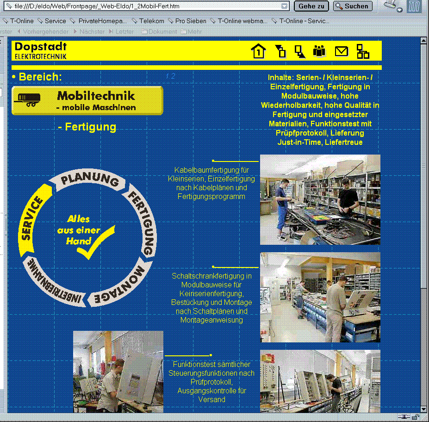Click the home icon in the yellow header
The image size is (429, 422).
[x=258, y=51]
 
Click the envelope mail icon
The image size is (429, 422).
[x=341, y=51]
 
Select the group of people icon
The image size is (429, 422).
[x=319, y=50]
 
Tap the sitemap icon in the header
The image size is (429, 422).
[x=363, y=51]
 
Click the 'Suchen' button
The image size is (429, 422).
[x=353, y=6]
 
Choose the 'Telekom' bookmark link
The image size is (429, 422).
[x=151, y=21]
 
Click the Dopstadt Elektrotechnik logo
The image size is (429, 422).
[x=41, y=50]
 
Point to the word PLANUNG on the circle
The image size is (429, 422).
[x=90, y=180]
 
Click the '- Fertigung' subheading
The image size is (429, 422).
[x=87, y=127]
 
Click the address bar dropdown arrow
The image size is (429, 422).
[x=285, y=6]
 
